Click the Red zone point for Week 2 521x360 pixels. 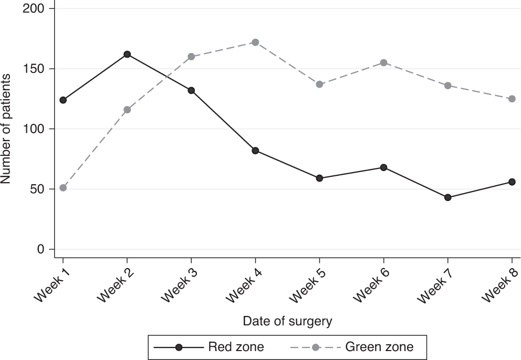coord(127,54)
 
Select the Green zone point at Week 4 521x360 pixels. coord(255,42)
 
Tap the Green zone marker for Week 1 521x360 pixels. coord(63,188)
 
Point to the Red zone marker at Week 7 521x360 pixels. coord(447,197)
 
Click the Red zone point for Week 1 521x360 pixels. coord(63,100)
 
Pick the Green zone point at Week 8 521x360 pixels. coord(512,99)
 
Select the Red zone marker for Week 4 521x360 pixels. coord(255,151)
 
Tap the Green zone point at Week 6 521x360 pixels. coord(383,62)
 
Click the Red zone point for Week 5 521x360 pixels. coord(319,178)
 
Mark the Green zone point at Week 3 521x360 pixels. coord(191,57)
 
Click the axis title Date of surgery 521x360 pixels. coord(287,321)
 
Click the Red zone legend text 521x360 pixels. coord(236,347)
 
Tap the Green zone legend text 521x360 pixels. coord(379,347)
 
